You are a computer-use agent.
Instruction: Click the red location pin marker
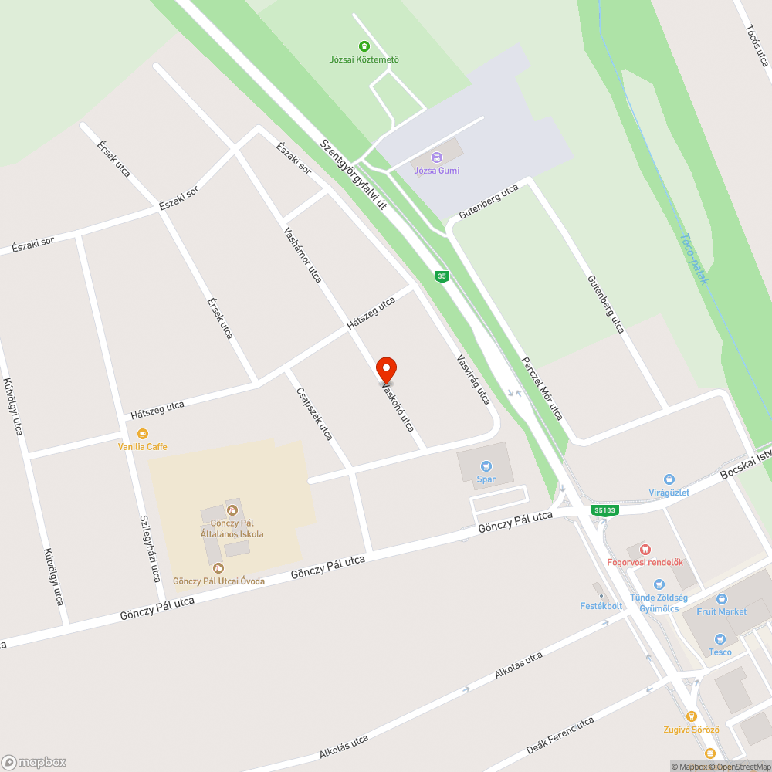tap(385, 371)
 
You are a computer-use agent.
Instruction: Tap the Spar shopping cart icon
tap(486, 466)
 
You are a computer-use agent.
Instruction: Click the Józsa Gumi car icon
tap(437, 157)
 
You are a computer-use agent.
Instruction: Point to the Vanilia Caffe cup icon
tap(142, 434)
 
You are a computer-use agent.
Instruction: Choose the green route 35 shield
tap(442, 276)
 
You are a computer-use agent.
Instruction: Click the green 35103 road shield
tap(605, 510)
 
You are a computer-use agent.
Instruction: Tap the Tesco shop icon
tap(720, 639)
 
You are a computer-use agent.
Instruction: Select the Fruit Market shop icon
tap(722, 598)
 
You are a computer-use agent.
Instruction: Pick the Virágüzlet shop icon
tap(669, 479)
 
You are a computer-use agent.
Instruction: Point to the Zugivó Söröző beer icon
tap(691, 716)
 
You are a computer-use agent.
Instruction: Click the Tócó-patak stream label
tap(693, 259)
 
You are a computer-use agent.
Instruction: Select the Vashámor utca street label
tap(303, 254)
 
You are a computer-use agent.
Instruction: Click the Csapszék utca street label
tap(314, 414)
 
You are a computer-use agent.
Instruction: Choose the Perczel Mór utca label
tap(542, 388)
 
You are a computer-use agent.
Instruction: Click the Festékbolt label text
tap(601, 606)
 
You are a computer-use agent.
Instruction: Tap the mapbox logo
tap(35, 762)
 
